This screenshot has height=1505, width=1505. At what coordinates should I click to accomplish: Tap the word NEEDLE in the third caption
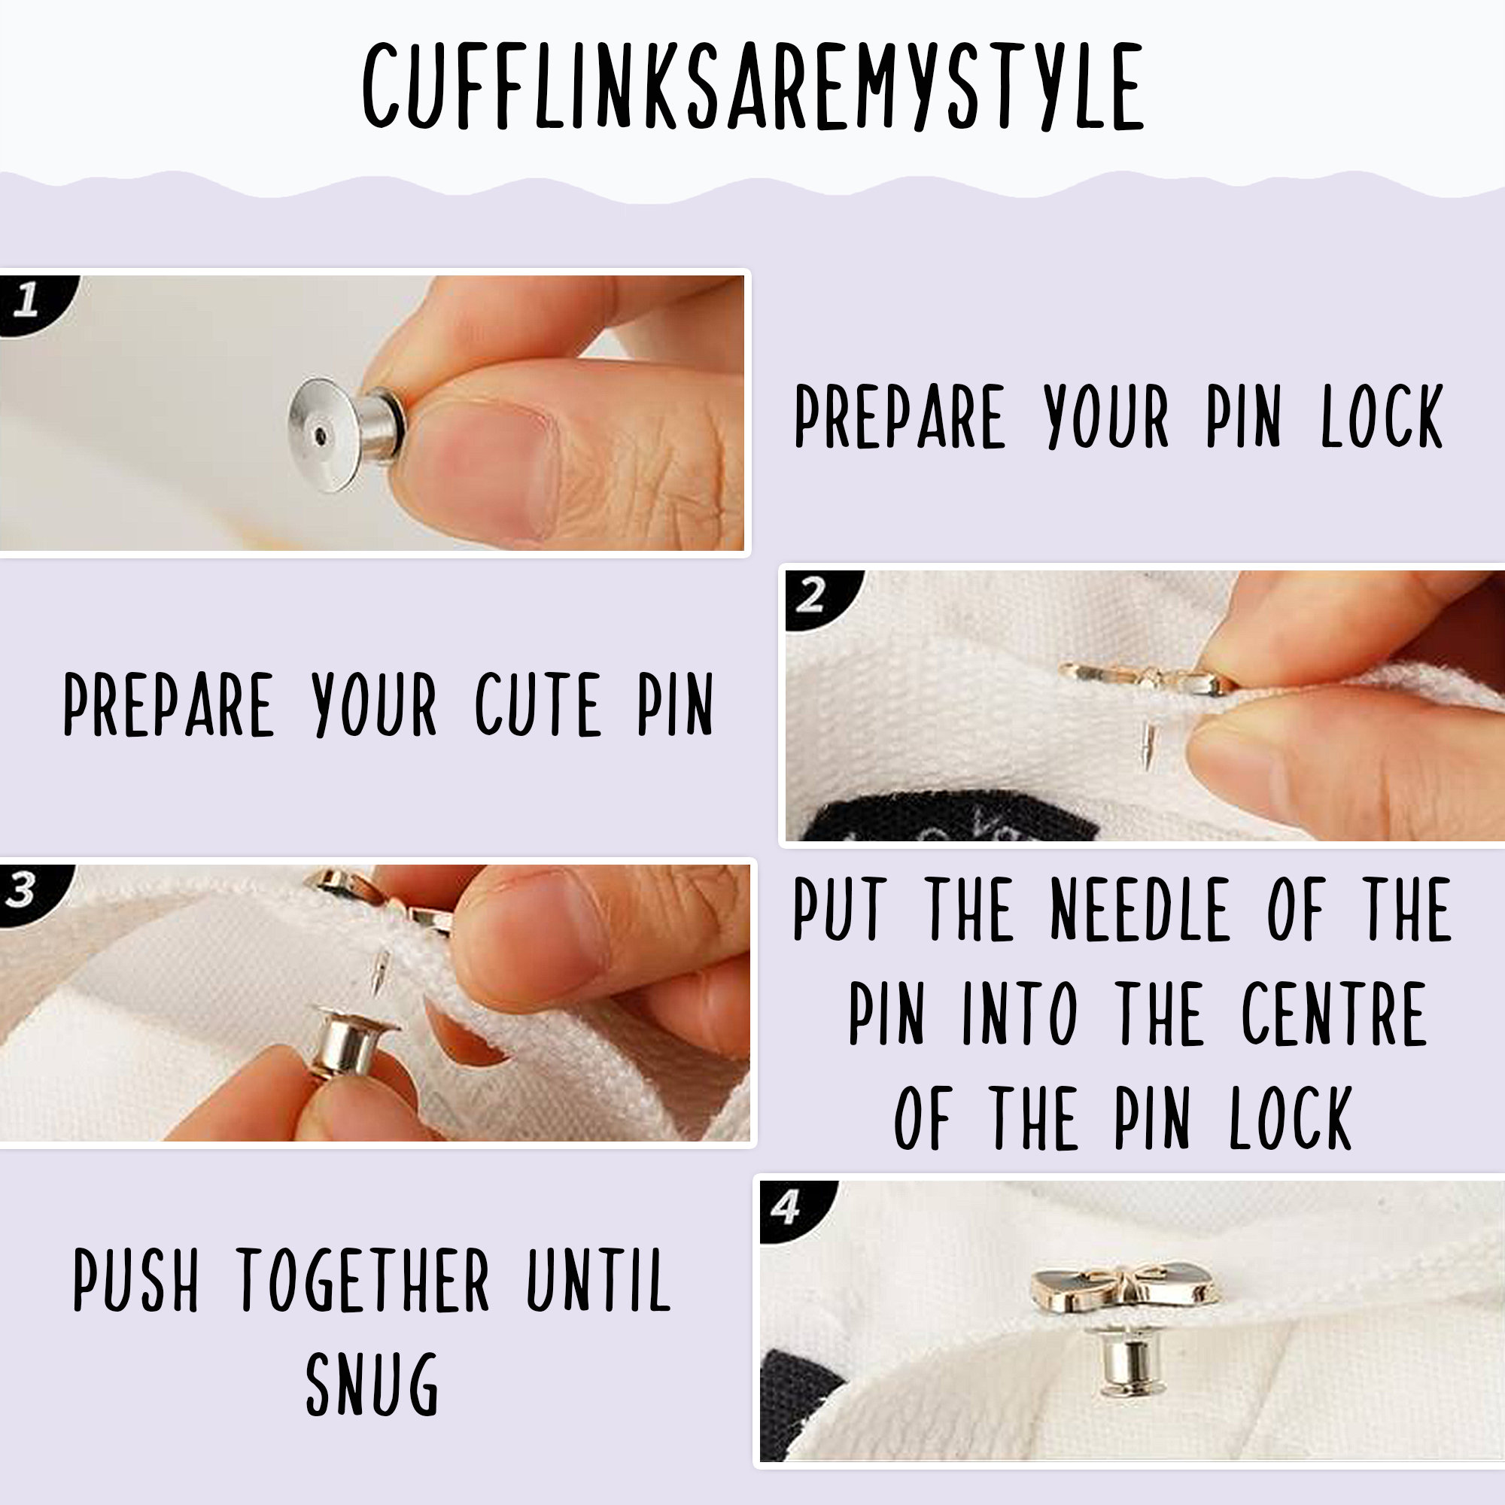tap(1142, 909)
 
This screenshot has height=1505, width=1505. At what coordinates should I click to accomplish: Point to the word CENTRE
tap(1333, 1014)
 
